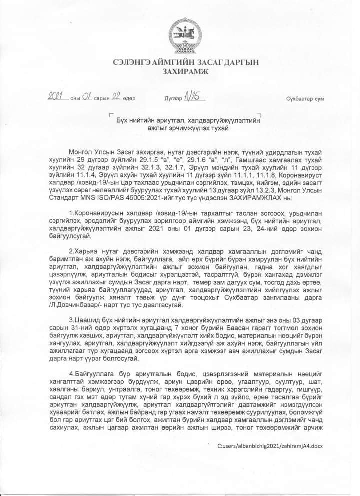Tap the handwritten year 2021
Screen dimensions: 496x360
(57, 97)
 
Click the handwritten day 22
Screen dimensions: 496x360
(118, 97)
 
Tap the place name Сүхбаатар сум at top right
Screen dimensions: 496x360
(305, 98)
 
